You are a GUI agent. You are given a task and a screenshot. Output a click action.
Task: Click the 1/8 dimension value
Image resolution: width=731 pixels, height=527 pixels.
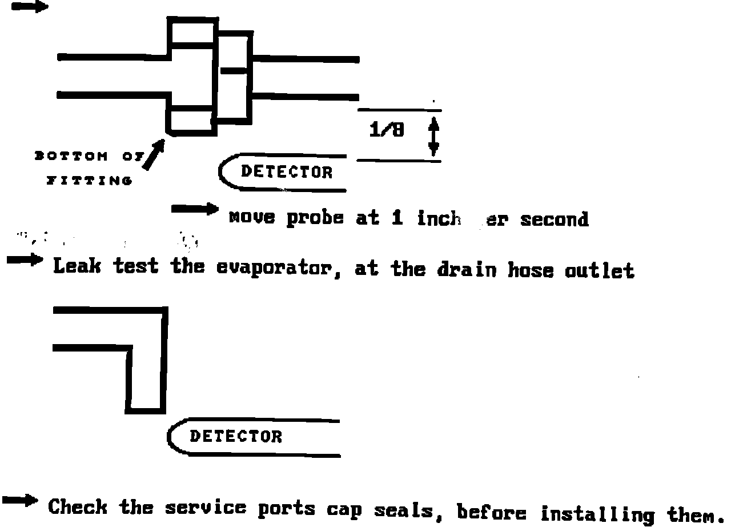pyautogui.click(x=387, y=130)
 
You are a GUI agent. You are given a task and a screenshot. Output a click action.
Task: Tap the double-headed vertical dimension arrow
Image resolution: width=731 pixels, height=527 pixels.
pyautogui.click(x=433, y=136)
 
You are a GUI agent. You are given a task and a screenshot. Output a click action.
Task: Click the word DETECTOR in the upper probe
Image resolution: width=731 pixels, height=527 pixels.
pyautogui.click(x=286, y=171)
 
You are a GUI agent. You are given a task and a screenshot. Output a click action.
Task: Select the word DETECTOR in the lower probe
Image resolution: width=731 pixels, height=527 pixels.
pyautogui.click(x=235, y=437)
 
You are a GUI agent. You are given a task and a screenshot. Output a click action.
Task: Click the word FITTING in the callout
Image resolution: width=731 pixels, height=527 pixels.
pyautogui.click(x=89, y=181)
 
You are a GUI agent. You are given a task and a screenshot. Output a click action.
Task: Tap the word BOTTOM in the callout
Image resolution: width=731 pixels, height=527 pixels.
pyautogui.click(x=71, y=155)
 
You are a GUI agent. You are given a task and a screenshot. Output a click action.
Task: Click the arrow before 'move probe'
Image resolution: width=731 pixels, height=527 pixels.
pyautogui.click(x=194, y=209)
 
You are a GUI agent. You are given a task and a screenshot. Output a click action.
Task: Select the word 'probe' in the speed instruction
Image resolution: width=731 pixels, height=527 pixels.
pyautogui.click(x=315, y=218)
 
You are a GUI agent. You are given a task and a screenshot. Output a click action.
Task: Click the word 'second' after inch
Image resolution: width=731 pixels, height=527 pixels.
pyautogui.click(x=553, y=219)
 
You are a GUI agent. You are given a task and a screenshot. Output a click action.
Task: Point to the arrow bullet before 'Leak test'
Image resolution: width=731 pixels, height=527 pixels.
pyautogui.click(x=25, y=260)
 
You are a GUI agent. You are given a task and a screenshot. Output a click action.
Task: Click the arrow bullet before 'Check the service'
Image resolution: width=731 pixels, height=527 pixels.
pyautogui.click(x=21, y=501)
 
